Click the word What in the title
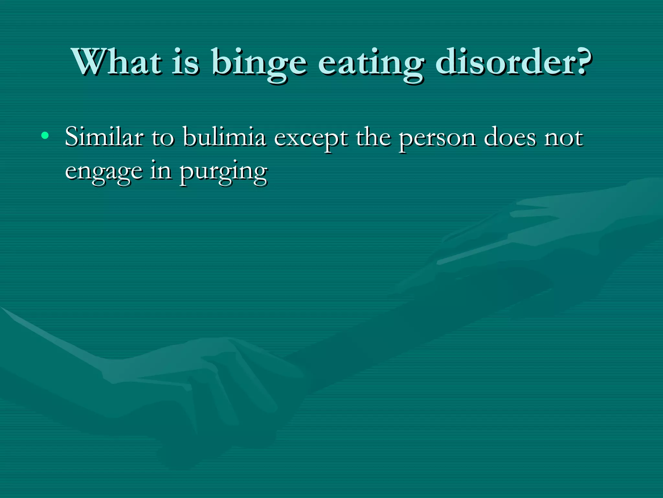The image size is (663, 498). [117, 62]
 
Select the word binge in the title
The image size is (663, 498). [259, 63]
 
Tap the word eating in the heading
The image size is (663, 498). [371, 63]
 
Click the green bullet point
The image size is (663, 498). [45, 136]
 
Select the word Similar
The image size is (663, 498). [104, 137]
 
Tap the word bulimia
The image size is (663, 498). [224, 137]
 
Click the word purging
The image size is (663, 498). [223, 172]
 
